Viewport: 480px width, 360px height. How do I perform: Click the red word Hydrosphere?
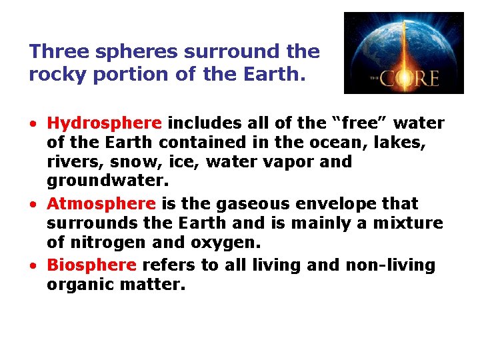click(104, 123)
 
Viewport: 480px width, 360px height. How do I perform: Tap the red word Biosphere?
click(91, 265)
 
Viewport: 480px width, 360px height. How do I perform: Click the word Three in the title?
click(54, 51)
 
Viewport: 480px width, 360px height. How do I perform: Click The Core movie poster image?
click(403, 53)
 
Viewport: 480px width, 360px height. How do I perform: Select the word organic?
click(77, 285)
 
